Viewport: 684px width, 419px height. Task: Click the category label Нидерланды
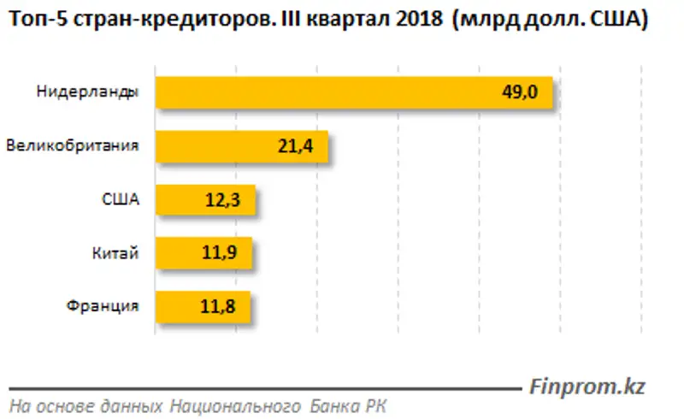pyautogui.click(x=88, y=92)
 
